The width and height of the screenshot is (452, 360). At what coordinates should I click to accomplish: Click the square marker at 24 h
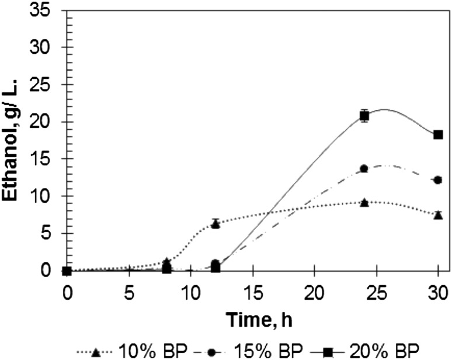click(x=364, y=116)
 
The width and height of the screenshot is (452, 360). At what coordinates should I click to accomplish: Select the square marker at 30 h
click(x=438, y=134)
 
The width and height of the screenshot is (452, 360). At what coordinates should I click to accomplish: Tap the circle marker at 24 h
click(x=364, y=168)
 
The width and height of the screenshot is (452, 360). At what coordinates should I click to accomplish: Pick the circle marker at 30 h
click(x=438, y=180)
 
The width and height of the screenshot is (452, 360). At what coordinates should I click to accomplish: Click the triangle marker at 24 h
click(x=364, y=202)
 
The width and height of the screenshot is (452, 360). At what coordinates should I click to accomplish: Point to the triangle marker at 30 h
click(x=438, y=214)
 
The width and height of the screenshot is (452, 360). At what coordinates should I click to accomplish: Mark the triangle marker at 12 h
click(x=215, y=223)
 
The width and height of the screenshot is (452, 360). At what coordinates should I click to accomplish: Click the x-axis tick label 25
click(x=376, y=288)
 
